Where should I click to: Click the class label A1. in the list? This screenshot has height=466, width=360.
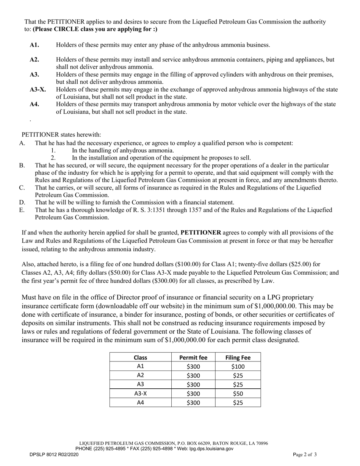pos(34,45)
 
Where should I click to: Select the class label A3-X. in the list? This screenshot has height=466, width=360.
pos(38,90)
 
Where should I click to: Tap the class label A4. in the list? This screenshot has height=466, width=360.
pos(34,105)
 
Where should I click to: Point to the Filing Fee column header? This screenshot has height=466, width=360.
pos(238,357)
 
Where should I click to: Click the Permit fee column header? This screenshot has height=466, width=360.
pos(193,357)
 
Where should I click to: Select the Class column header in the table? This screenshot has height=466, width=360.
pos(140,357)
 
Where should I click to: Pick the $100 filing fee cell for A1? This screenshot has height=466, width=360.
pos(238,366)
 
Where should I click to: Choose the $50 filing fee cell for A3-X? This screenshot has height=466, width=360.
pos(238,394)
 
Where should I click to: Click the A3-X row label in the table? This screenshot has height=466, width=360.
pos(140,394)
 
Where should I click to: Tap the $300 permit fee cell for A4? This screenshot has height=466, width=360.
pos(193,403)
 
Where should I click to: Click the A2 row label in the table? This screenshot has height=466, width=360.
pos(140,375)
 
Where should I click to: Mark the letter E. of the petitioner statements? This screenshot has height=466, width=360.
pos(22,210)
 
